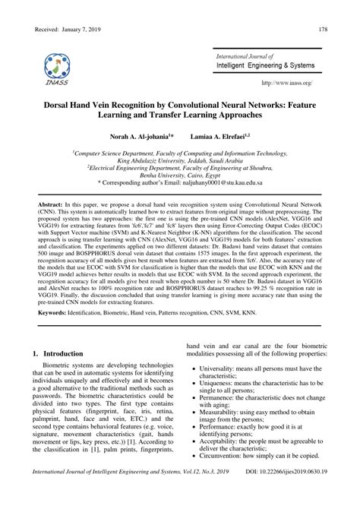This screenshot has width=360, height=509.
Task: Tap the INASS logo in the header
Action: (57, 68)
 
